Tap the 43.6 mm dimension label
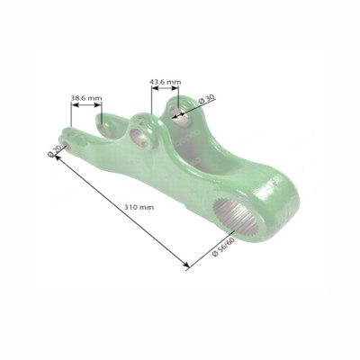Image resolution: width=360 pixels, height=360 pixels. coord(164,82)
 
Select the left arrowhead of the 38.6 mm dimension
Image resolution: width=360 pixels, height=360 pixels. coord(73,104)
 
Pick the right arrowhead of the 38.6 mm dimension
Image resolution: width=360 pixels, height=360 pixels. coord(101,104)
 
